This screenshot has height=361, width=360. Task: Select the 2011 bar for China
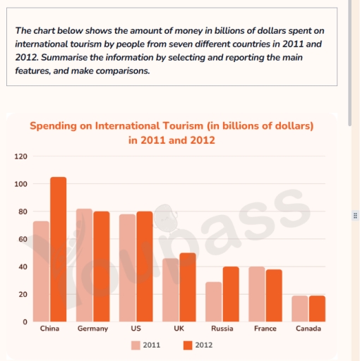click(x=41, y=271)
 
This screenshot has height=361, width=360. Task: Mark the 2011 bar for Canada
click(x=300, y=309)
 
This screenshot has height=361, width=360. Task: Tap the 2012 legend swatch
click(x=188, y=345)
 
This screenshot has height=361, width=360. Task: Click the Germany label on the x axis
click(x=93, y=329)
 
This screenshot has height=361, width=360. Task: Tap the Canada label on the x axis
click(x=308, y=329)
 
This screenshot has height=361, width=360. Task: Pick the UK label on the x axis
click(x=179, y=329)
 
